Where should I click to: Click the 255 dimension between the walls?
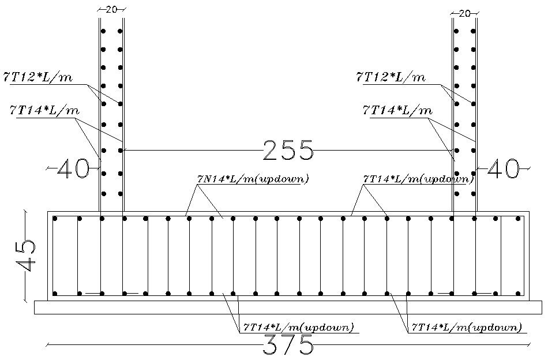coord(288,151)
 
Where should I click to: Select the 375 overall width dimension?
coord(288,346)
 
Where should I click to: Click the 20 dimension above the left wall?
coord(111,9)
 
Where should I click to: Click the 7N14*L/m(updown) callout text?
coord(253,179)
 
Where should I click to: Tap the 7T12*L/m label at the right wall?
coord(391,77)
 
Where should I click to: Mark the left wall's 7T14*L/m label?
coord(44,110)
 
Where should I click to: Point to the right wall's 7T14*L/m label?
coord(397,110)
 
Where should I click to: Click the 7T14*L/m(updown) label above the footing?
coord(419,179)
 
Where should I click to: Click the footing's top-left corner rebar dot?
coord(55,219)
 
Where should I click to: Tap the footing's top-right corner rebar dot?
coord(518,219)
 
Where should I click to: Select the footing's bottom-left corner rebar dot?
coord(55,294)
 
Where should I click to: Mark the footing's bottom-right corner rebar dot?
coord(518,294)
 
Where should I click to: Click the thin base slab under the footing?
coord(288,307)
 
